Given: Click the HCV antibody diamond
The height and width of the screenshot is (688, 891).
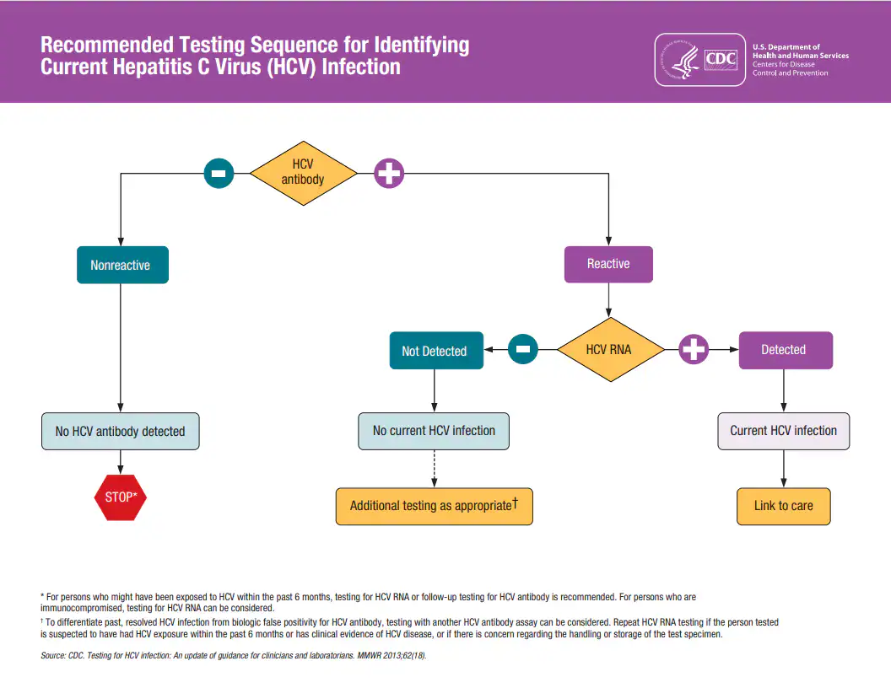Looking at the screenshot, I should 303,173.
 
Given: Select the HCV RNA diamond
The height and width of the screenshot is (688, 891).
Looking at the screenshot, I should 608,349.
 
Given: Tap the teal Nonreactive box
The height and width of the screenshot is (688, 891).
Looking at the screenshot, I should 122,265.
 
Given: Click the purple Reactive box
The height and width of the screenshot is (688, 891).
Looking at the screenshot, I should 608,264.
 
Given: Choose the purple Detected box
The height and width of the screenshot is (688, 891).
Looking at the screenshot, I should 785,350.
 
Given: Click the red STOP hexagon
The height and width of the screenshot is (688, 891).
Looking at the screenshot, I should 120,497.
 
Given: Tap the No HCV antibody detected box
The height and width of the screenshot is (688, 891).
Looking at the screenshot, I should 121,431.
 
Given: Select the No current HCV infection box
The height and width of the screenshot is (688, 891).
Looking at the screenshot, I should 434,430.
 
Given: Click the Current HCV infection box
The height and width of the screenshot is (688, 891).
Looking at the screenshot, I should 784,430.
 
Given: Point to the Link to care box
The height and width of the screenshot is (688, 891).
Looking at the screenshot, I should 784,506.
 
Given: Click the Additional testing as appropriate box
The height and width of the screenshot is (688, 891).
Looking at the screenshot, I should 434,506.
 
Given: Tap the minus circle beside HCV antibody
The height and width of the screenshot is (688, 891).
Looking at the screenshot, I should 219,174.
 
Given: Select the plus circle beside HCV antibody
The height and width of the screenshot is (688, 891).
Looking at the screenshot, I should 389,174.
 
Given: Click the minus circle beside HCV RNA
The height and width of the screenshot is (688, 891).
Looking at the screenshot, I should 523,349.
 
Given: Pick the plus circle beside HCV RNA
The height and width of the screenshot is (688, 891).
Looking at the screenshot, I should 694,349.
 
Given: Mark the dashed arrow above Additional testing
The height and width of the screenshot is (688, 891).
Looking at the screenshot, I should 434,468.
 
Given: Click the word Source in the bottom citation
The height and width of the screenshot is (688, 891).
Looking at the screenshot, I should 52,656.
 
